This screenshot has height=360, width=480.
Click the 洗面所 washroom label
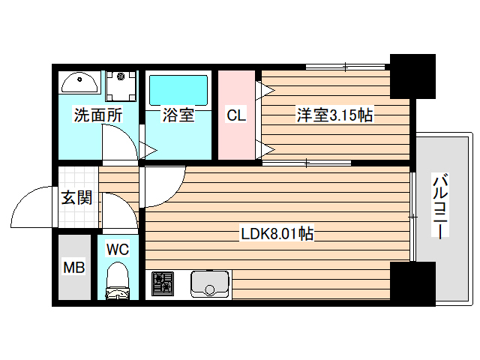(x=97, y=115)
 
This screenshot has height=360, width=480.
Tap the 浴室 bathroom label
(x=178, y=115)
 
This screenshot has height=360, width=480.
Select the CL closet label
(x=235, y=115)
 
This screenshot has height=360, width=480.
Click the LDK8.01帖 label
(x=277, y=234)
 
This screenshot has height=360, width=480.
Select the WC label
(x=117, y=247)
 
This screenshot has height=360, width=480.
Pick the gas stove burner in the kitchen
(x=163, y=283)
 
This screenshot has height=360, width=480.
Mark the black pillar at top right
(x=412, y=74)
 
